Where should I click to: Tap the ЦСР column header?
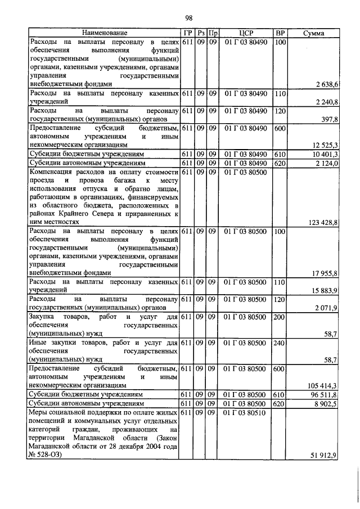tap(246, 34)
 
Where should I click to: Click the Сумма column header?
tap(313, 34)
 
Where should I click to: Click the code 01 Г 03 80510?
tap(246, 412)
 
